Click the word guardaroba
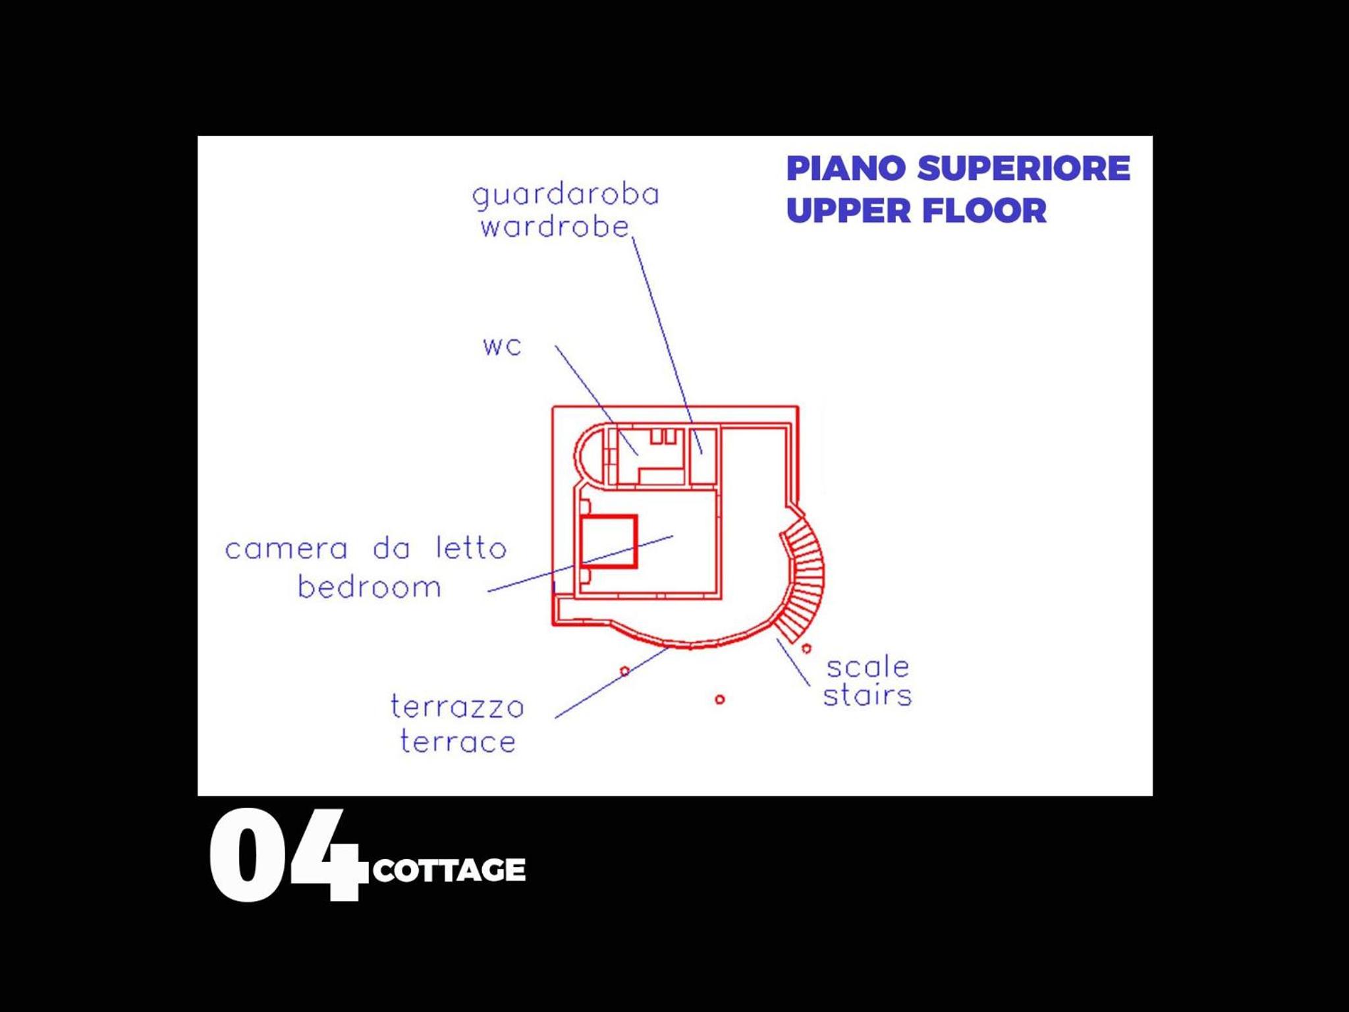click(x=566, y=196)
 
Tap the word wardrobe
click(x=555, y=227)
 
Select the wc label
click(x=502, y=347)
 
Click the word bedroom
click(x=369, y=586)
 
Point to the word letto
click(x=471, y=548)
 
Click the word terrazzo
click(x=457, y=706)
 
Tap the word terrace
click(x=458, y=741)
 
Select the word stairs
click(x=867, y=695)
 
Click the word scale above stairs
click(x=867, y=667)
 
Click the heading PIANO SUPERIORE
click(x=958, y=168)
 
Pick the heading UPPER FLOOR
click(x=916, y=211)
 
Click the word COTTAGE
click(x=449, y=870)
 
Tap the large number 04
click(x=288, y=855)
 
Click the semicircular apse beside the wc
click(x=578, y=455)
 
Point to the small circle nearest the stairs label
click(x=806, y=648)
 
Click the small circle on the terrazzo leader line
click(x=624, y=671)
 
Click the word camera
click(x=286, y=549)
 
